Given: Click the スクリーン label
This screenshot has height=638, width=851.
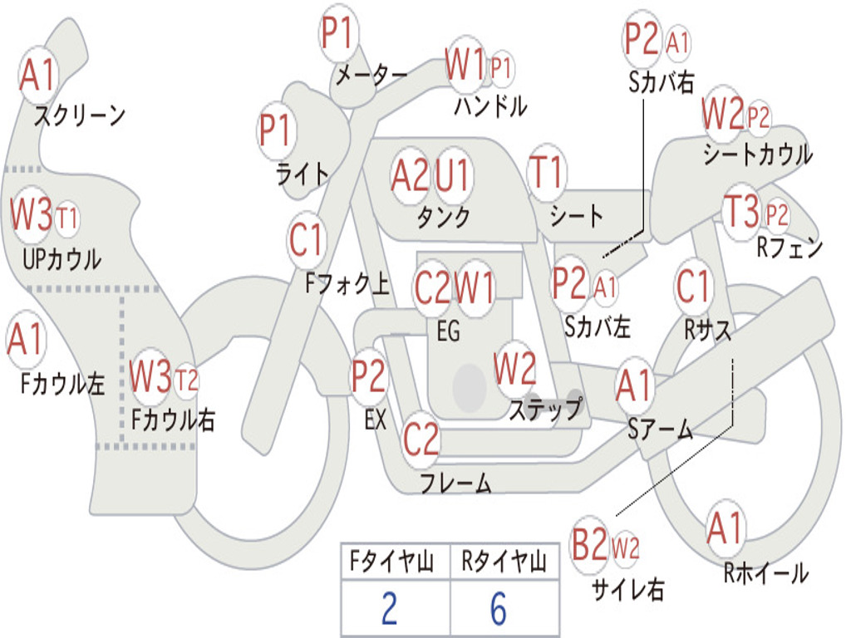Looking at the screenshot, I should [79, 115].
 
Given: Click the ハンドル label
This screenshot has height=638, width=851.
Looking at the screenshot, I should [490, 106].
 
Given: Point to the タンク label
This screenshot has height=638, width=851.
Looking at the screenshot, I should [443, 217].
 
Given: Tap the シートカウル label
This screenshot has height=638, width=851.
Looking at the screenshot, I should [757, 155].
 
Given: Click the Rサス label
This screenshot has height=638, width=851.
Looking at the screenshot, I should [707, 330].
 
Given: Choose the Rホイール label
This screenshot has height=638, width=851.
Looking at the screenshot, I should [765, 572].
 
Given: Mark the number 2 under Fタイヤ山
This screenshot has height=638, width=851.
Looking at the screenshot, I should [389, 610].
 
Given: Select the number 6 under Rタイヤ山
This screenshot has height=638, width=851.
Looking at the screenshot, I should [499, 610].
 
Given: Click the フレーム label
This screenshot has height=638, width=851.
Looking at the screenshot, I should [455, 483].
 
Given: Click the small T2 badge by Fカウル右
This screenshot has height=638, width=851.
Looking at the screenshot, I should [187, 380].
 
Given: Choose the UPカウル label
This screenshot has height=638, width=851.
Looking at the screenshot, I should [61, 259].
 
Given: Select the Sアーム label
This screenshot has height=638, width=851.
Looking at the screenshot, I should [661, 429].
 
